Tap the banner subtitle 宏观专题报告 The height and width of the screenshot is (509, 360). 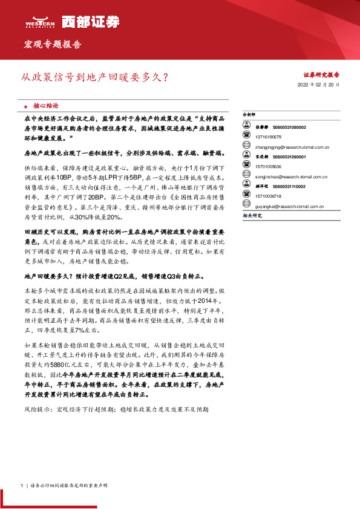(x=53, y=45)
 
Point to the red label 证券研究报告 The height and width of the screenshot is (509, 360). (x=321, y=75)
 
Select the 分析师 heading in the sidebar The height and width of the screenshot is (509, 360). (x=249, y=114)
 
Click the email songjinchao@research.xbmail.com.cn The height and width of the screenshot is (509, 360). (x=295, y=177)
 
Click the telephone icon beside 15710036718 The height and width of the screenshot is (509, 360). (x=247, y=196)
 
